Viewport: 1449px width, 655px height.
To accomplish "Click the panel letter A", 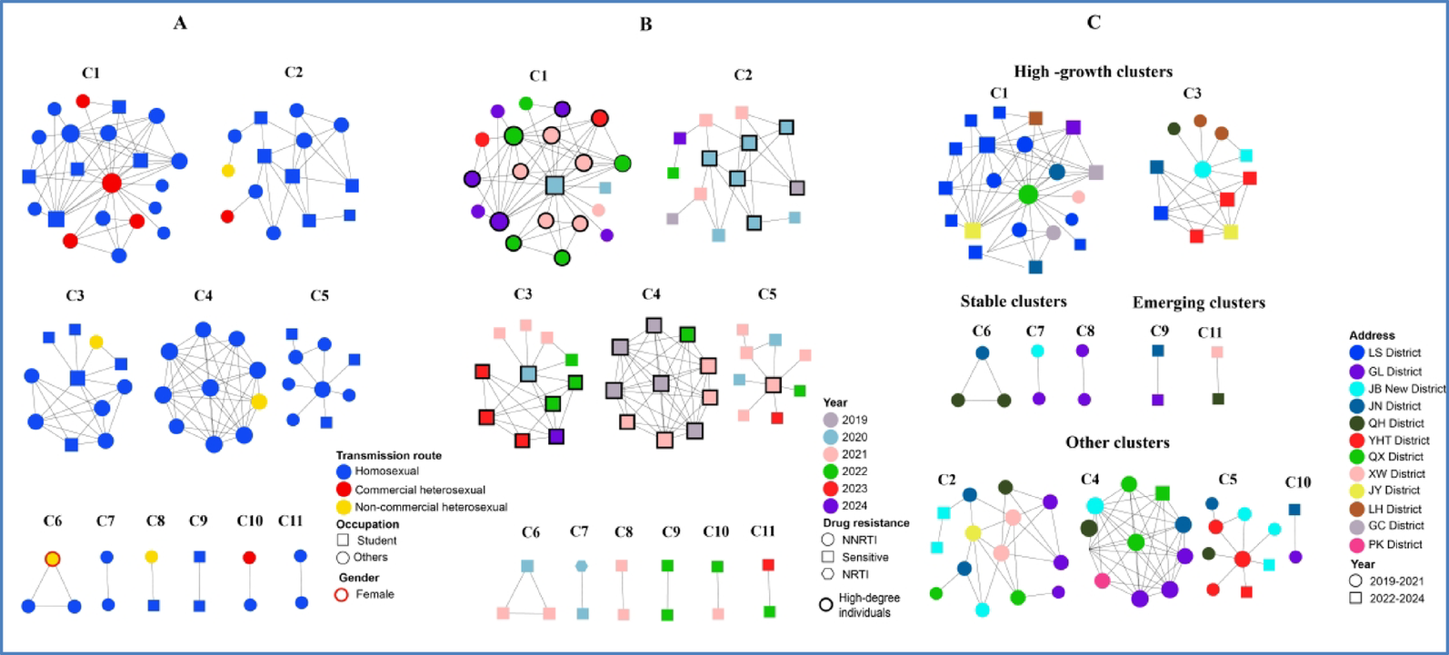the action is click(180, 24).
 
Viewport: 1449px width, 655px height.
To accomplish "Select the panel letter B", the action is click(645, 25).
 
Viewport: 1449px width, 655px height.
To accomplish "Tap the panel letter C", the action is click(1094, 23).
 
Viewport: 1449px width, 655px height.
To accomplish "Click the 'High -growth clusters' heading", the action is click(1094, 71).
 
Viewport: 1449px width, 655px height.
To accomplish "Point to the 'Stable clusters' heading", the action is click(1014, 302).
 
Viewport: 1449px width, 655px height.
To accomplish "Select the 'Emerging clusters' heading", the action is click(1199, 303).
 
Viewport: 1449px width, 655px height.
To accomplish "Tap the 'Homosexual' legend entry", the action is click(378, 471).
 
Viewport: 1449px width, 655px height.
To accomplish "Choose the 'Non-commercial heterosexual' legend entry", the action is click(422, 507).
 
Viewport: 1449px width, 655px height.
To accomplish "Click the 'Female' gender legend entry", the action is click(365, 594).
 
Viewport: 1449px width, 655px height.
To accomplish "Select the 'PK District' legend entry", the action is click(1386, 544).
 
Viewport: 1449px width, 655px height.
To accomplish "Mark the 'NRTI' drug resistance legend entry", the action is click(845, 574).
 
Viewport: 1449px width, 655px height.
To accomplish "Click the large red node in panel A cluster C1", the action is click(112, 183).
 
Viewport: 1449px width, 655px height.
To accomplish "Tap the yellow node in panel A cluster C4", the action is click(259, 402).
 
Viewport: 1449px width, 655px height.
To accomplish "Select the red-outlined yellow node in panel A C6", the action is click(53, 559).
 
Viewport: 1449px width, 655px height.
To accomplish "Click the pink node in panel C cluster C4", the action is click(1103, 581).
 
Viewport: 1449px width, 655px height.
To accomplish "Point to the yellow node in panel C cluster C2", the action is click(973, 533).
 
